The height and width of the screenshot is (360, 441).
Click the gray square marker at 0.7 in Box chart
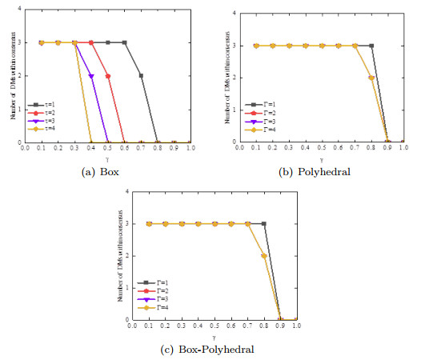pyautogui.click(x=141, y=76)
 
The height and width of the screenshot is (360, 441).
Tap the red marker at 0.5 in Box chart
pyautogui.click(x=108, y=76)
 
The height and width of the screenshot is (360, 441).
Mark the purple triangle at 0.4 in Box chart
pyautogui.click(x=91, y=76)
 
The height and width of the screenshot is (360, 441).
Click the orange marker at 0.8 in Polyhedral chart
pyautogui.click(x=371, y=78)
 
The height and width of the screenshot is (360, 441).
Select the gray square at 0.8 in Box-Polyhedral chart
pyautogui.click(x=264, y=224)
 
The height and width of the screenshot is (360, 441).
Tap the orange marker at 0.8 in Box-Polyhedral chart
pyautogui.click(x=264, y=256)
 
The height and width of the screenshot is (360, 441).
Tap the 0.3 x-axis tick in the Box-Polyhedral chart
pyautogui.click(x=182, y=326)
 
